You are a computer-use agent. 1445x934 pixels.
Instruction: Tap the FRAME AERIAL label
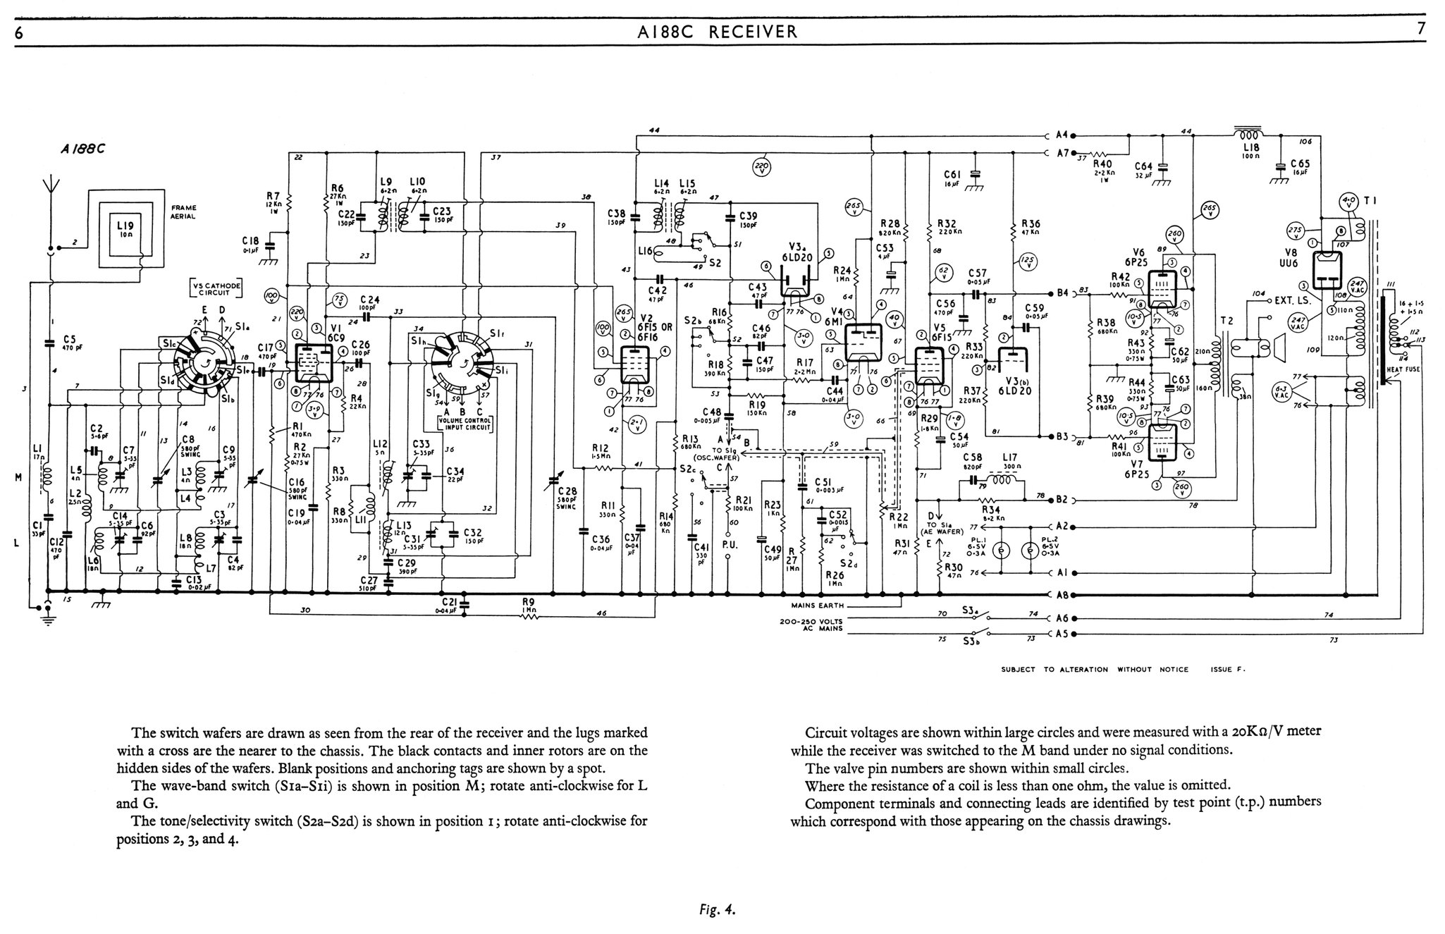point(184,212)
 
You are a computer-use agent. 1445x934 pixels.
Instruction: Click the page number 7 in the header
point(1421,29)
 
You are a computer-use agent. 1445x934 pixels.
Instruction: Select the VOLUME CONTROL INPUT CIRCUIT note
point(463,424)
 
